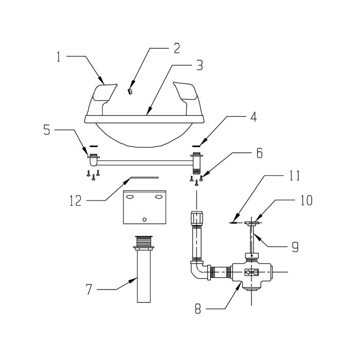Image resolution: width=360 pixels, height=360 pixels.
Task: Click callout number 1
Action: point(58,57)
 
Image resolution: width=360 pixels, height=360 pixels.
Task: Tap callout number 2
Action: point(176,48)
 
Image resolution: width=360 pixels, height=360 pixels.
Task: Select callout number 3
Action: point(200,65)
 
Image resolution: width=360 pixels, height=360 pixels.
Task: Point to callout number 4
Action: point(253,117)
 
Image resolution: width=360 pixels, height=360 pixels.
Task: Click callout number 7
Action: point(89,289)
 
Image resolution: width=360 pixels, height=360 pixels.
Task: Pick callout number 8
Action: point(198,309)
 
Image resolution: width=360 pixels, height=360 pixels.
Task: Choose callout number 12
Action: point(76,201)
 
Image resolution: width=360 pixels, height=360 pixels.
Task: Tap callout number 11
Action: point(295,176)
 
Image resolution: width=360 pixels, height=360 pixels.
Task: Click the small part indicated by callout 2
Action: point(130,92)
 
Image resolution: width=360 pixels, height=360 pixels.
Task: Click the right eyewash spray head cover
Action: point(186,92)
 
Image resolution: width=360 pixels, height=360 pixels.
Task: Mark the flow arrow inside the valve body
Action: point(251,273)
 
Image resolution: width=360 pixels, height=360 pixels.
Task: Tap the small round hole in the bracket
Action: point(145,219)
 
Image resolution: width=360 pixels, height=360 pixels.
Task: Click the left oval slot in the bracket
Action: point(130,197)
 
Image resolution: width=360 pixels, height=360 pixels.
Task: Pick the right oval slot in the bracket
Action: point(158,197)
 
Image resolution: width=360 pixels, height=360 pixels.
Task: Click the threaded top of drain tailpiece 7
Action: point(144,242)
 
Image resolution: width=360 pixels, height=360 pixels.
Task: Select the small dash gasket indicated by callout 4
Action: point(196,146)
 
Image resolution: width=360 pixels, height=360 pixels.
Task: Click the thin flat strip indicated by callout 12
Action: point(145,177)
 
